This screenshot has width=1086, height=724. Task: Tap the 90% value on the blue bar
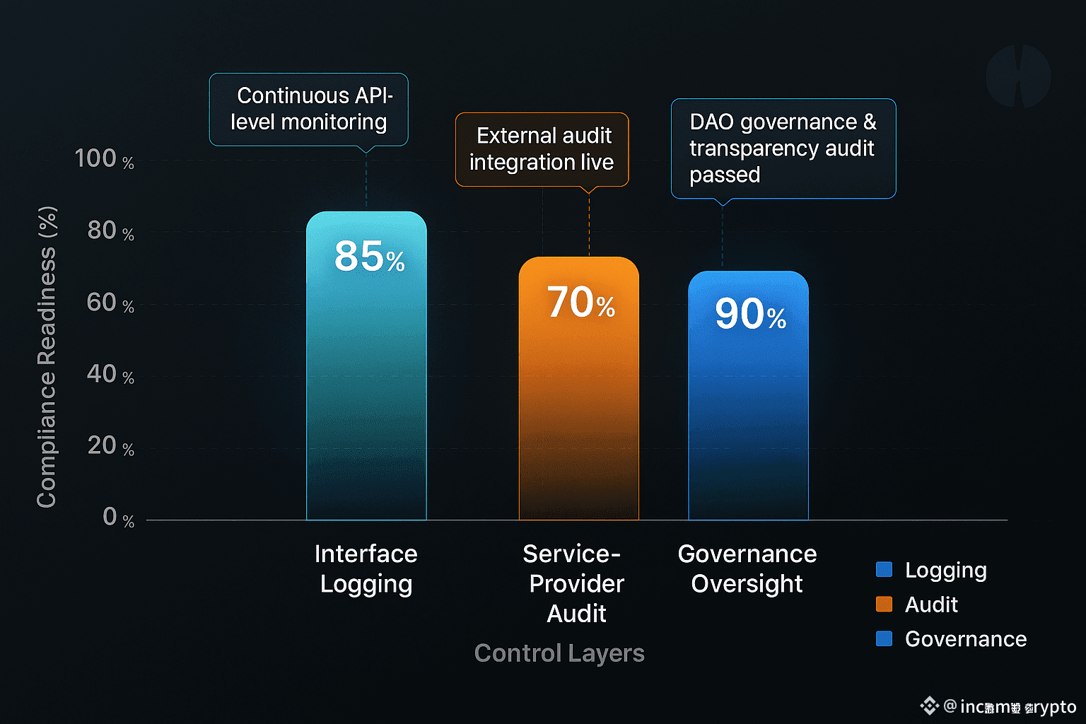(x=749, y=314)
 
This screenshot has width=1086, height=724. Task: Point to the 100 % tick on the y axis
(x=104, y=158)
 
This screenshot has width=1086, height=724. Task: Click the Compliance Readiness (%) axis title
(x=47, y=357)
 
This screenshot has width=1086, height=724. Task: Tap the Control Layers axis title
(x=559, y=653)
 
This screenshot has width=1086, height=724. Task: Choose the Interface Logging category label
(x=366, y=568)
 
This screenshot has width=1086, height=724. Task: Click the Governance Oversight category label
(x=747, y=568)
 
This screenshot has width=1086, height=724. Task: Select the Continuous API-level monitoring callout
(x=309, y=109)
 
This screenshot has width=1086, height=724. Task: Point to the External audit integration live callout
(x=542, y=149)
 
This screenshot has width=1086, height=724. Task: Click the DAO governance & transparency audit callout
(x=783, y=148)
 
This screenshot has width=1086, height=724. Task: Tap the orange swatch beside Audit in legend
(x=884, y=605)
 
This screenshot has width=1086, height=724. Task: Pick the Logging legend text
(x=945, y=570)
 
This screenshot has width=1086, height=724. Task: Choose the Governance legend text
(x=965, y=639)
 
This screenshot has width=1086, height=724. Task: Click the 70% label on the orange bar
(x=580, y=303)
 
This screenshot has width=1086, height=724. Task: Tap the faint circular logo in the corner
(x=1018, y=76)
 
